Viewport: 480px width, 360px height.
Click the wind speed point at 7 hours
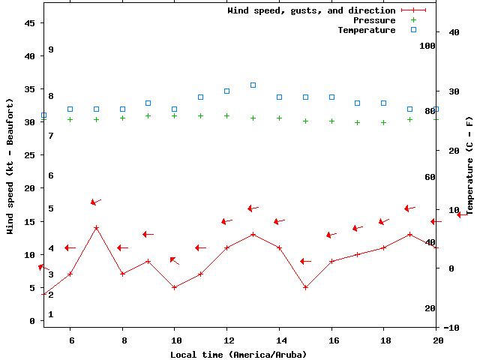tap(96, 227)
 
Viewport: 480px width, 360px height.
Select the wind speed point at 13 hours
tap(253, 234)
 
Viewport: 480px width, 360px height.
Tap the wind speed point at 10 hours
tap(175, 287)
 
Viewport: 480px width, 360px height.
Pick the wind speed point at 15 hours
tap(305, 287)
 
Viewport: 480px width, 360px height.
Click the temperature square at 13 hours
tap(253, 85)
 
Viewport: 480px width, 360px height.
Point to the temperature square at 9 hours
tap(148, 103)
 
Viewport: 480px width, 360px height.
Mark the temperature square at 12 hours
tap(227, 91)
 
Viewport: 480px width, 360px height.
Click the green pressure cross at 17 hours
tap(358, 122)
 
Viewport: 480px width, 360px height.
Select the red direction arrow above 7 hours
tap(96, 202)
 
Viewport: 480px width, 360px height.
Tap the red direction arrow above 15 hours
tap(305, 261)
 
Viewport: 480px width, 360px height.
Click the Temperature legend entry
tap(366, 30)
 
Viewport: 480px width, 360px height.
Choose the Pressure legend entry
tap(373, 20)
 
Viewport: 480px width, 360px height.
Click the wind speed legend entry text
tap(311, 10)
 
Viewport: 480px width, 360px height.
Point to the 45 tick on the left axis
tap(30, 23)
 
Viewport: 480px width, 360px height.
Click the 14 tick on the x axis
tap(279, 340)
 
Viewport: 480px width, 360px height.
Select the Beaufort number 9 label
tap(51, 49)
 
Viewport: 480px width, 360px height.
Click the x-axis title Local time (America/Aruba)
tap(238, 354)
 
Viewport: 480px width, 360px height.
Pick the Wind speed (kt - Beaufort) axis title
tap(10, 166)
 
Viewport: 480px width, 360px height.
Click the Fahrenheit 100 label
tap(427, 46)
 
